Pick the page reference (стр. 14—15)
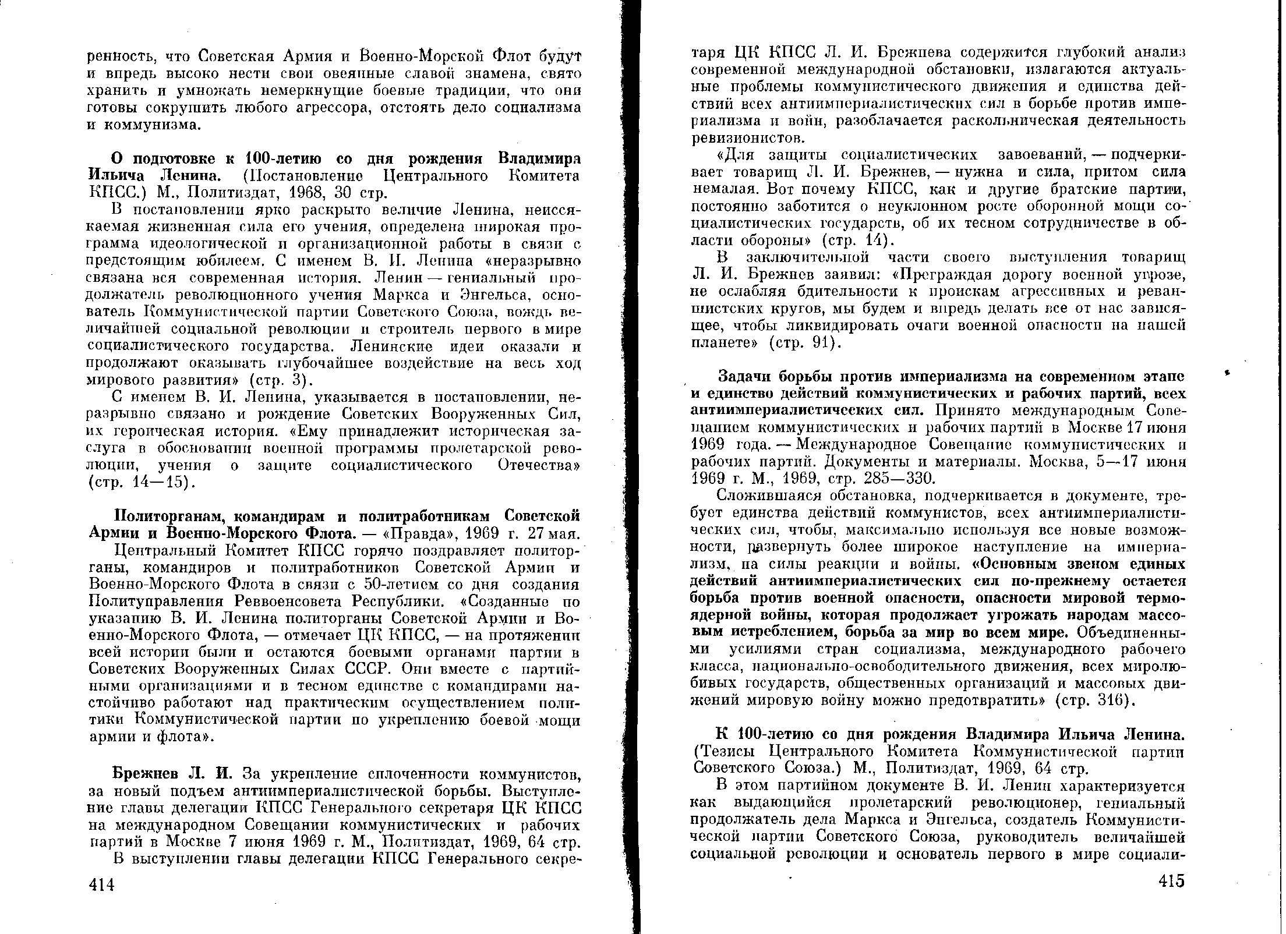141,483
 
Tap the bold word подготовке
174,158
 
